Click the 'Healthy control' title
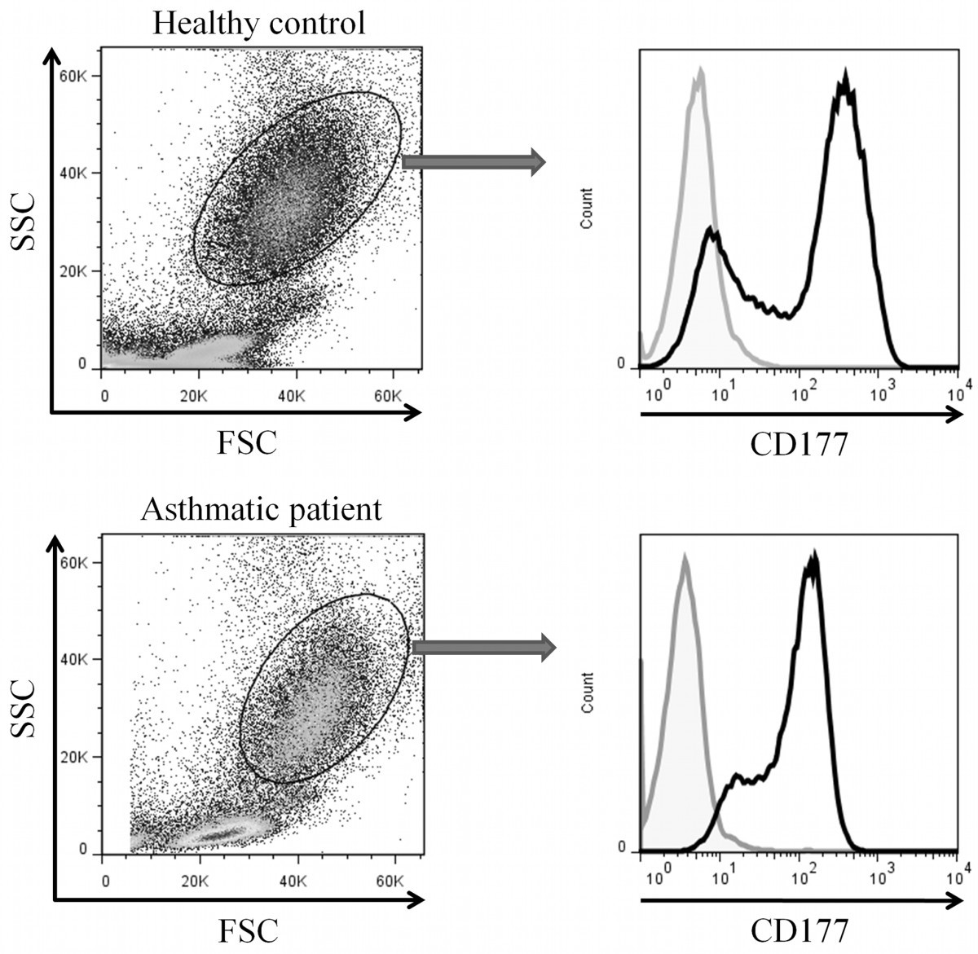coord(259,23)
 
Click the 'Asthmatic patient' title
coord(261,509)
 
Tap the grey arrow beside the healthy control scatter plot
coord(473,162)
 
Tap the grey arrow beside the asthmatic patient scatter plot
coord(483,648)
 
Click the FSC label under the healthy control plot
coord(247,442)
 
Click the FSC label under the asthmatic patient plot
coord(247,930)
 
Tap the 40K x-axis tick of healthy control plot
coord(291,396)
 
